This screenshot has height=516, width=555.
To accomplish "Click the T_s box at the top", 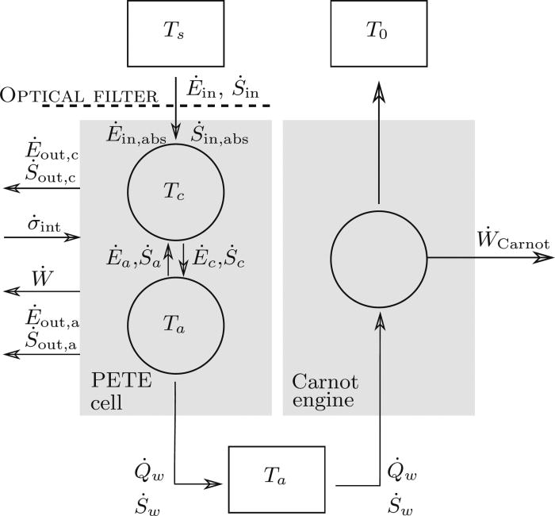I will point(175,34).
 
